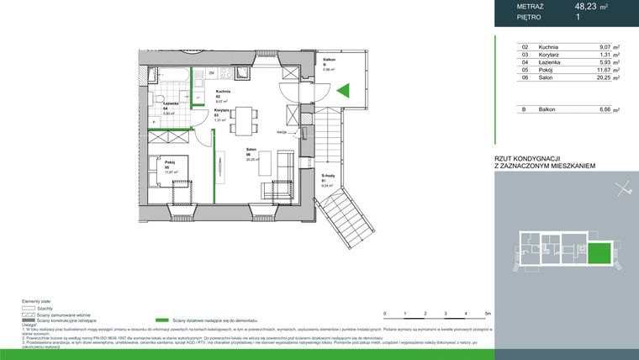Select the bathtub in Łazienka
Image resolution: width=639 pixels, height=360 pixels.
(x=168, y=77)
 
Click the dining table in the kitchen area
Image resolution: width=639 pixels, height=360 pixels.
(x=243, y=117)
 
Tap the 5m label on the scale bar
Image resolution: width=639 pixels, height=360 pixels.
(x=487, y=313)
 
